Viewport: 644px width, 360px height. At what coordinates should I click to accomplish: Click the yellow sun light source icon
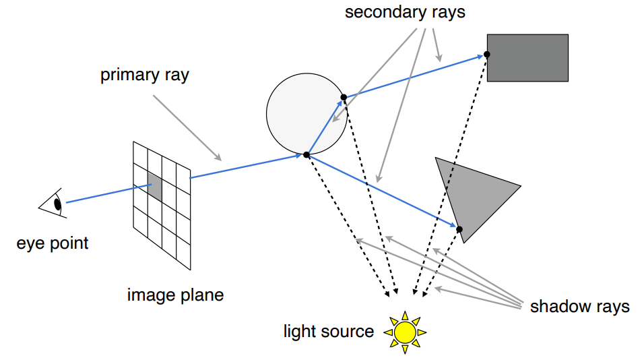coord(405,332)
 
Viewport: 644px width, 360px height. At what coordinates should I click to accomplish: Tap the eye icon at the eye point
coord(53,204)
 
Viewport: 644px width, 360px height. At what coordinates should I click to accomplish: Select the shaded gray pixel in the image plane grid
coord(155,187)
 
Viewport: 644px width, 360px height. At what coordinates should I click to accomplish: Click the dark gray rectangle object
coord(527,58)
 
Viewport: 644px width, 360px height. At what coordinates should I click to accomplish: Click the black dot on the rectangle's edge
coord(486,54)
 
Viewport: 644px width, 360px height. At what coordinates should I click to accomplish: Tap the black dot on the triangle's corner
coord(459,229)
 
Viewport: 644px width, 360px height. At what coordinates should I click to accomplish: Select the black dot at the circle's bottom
coord(307,155)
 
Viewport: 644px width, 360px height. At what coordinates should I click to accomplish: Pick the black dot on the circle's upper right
coord(344,97)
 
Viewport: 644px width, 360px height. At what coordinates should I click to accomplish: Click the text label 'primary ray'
coord(145,76)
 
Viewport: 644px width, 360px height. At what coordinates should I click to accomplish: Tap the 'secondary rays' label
coord(405,12)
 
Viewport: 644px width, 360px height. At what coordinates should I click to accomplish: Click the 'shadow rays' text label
coord(579,307)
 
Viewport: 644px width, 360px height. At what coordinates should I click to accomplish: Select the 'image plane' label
coord(175,295)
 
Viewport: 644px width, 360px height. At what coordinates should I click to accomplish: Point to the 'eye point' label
coord(52,243)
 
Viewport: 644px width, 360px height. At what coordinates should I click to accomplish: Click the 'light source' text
coord(329,331)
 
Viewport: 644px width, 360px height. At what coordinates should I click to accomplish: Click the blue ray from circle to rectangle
coord(415,76)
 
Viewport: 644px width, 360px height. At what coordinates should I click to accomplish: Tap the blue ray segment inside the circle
coord(325,127)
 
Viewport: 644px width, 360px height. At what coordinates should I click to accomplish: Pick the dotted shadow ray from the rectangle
coord(450,175)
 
